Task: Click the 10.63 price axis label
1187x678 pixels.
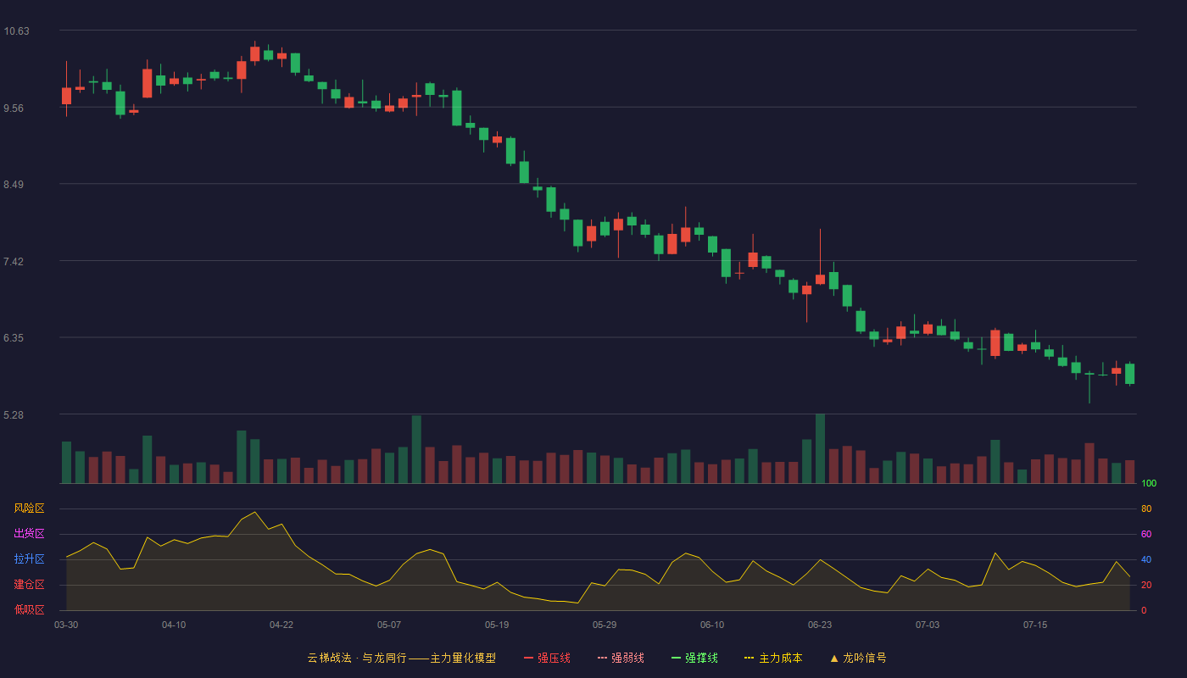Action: pos(16,31)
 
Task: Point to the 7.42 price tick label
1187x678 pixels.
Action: pos(14,262)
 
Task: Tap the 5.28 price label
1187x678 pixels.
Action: pos(14,414)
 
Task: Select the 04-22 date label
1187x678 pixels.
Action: pos(281,625)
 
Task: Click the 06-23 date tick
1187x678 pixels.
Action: pos(820,625)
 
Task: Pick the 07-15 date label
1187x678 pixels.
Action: pos(1035,625)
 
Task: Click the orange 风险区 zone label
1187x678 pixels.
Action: pos(29,508)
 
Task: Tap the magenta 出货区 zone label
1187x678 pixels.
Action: pos(29,533)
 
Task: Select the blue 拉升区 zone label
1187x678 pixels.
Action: pos(29,559)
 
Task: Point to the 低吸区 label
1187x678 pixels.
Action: pos(29,609)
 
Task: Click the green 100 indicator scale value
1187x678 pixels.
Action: pos(1149,483)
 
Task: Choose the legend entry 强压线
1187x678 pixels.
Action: pos(547,658)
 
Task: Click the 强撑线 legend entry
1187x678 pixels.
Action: pos(694,658)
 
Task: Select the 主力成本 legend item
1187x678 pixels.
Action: pos(773,658)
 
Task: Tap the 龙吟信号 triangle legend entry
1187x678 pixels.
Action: pos(858,658)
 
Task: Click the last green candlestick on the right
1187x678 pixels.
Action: pos(1129,374)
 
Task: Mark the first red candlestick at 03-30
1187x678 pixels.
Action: pos(66,96)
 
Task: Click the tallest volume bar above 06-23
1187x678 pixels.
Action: pos(820,448)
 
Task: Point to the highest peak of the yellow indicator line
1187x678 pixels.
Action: pos(255,512)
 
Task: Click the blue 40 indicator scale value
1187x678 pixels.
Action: pos(1146,559)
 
